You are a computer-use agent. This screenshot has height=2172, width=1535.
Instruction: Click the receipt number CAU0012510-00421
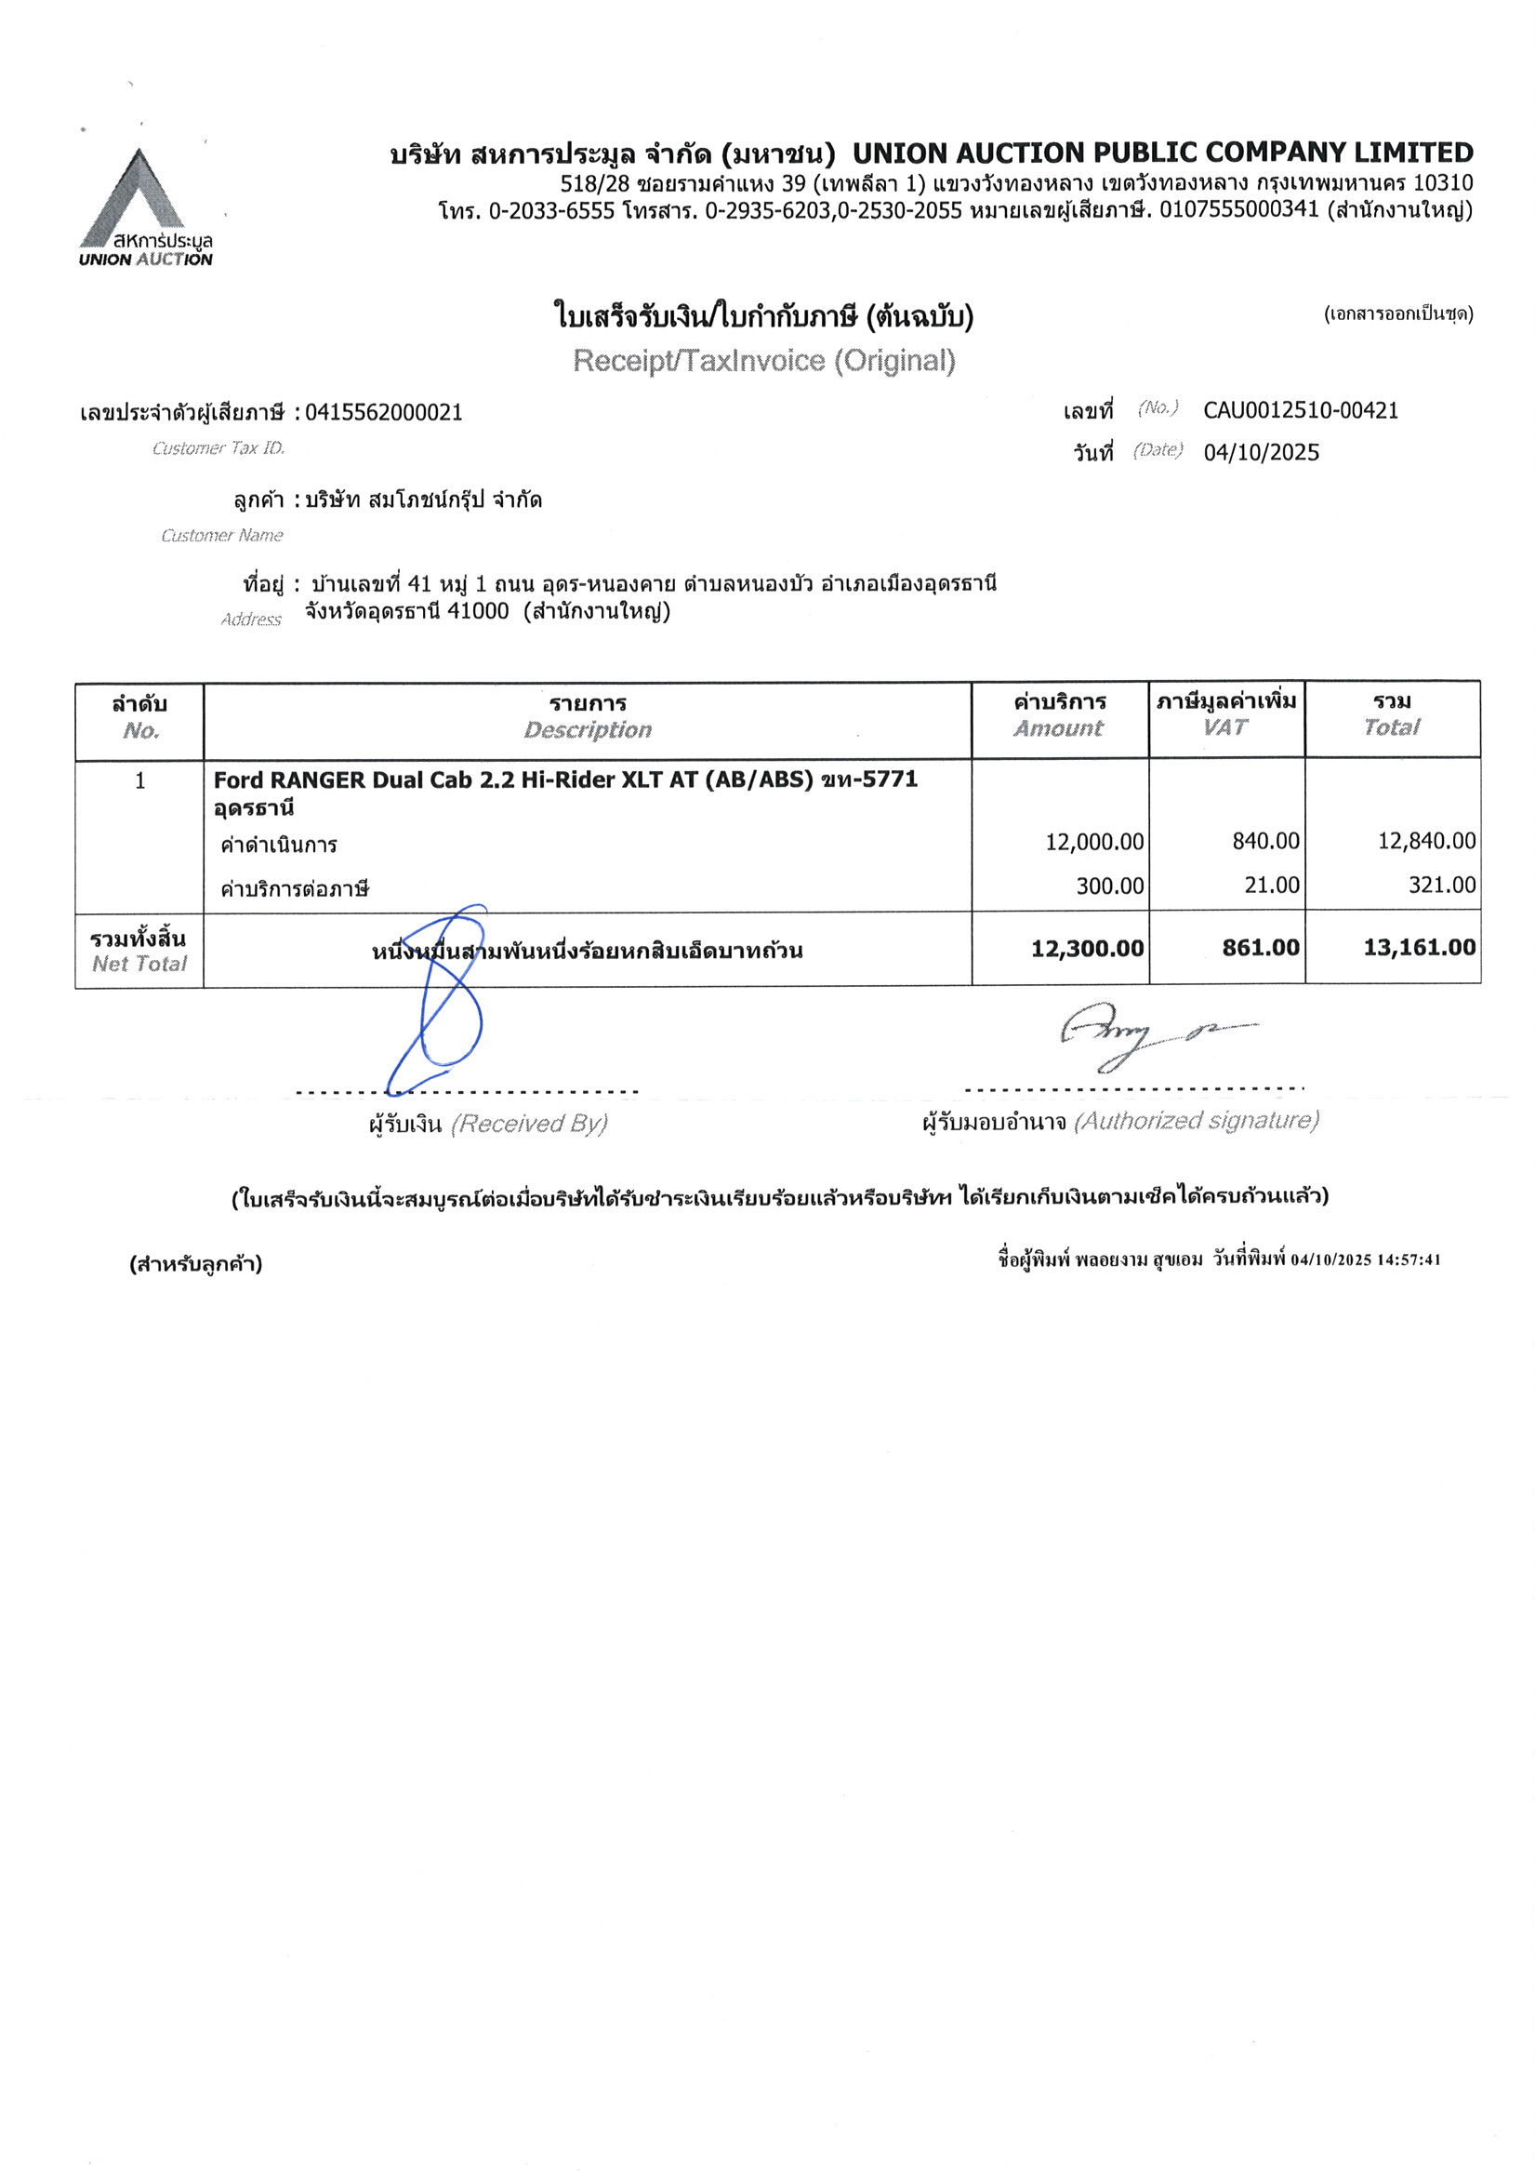1301,410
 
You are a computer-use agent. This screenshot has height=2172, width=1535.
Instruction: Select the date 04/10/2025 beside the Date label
1261,453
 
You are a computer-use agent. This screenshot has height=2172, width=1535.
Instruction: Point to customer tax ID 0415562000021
383,412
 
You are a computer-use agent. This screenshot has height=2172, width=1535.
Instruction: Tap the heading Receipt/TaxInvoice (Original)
763,360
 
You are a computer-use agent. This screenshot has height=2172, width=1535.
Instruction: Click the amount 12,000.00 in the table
1094,841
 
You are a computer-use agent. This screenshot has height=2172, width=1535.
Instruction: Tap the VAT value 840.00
1265,841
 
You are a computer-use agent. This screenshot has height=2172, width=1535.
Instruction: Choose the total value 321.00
1441,886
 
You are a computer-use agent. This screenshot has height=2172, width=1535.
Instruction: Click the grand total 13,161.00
1419,948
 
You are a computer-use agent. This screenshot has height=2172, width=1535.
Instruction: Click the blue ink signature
444,1003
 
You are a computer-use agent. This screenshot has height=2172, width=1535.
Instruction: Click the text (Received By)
529,1124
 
